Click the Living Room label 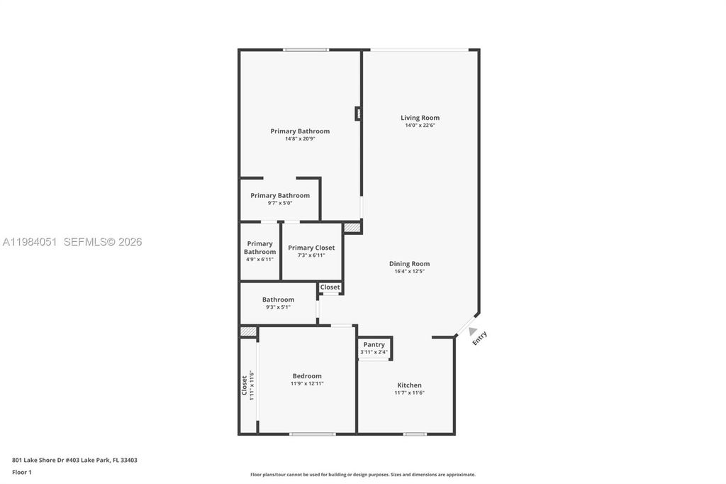(420, 118)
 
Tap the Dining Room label (409, 263)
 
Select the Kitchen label (409, 385)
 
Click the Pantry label (374, 344)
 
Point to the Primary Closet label (311, 248)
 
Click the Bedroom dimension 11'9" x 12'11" (307, 384)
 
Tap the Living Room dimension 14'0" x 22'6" (420, 126)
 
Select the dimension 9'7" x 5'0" (279, 203)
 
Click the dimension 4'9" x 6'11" (259, 259)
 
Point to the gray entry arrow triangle (472, 330)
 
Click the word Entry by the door (481, 338)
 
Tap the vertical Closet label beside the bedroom (245, 385)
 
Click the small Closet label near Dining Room (330, 287)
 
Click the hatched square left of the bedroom (247, 331)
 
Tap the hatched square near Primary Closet (352, 228)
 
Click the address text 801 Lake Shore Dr (74, 460)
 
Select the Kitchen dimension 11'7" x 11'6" (409, 392)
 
